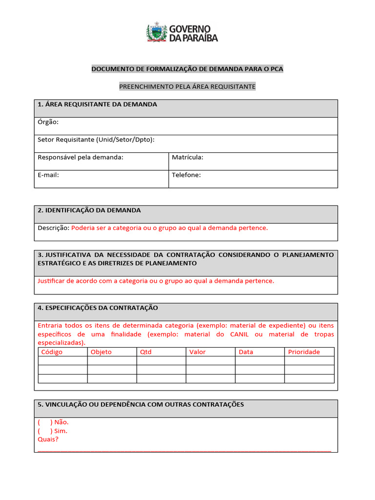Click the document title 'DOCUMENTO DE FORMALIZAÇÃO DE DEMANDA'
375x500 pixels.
187,69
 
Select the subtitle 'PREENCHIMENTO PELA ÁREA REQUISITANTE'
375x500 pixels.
187,86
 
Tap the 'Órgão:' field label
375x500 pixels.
48,122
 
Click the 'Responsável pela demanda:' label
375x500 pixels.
81,157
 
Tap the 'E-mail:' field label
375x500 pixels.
48,175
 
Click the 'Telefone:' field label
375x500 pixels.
186,175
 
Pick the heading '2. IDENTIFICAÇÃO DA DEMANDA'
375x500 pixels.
89,210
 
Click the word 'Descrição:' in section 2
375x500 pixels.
53,228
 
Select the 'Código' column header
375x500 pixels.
52,352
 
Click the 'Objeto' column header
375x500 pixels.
101,352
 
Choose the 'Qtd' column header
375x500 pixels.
146,352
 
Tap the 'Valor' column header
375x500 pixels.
198,352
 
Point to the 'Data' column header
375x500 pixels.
246,352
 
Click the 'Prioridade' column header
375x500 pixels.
304,352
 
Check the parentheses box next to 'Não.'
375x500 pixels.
44,422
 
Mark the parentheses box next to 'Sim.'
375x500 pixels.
44,431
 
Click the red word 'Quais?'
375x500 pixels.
48,439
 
